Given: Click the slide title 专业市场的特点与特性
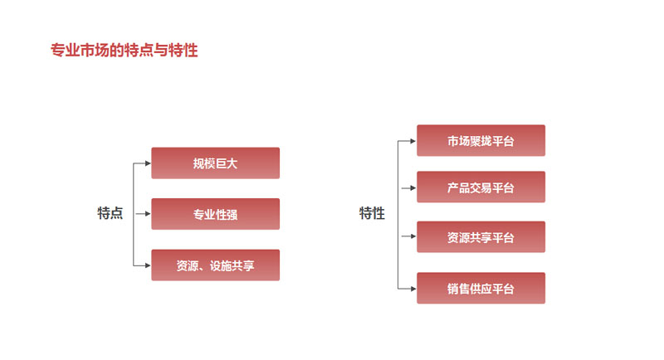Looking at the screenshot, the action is [124, 50].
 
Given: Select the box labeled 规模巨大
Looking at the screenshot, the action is [216, 163].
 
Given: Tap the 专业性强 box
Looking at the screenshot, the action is [216, 214].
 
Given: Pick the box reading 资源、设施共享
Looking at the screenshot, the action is [216, 265].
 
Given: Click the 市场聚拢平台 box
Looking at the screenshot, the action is [481, 140].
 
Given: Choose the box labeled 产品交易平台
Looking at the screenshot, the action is [481, 187].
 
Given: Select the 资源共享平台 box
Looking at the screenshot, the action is [481, 237].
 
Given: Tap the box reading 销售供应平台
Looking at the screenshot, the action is [481, 288].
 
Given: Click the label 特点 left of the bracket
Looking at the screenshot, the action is [110, 213].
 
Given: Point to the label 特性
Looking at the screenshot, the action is [372, 213].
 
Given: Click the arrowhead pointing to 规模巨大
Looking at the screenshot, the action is [148, 163].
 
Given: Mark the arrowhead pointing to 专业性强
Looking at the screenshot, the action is [148, 214].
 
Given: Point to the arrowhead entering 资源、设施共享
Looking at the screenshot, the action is [148, 265].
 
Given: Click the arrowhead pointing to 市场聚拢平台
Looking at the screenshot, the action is [413, 141].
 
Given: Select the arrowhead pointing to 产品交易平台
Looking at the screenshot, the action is [413, 187].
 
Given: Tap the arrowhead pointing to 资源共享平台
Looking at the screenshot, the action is [413, 236].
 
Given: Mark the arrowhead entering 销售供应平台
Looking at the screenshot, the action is [413, 289].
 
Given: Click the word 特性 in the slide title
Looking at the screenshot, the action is [183, 50].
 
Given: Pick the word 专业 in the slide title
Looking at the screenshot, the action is [66, 50].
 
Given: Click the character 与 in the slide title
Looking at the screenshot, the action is [161, 50].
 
